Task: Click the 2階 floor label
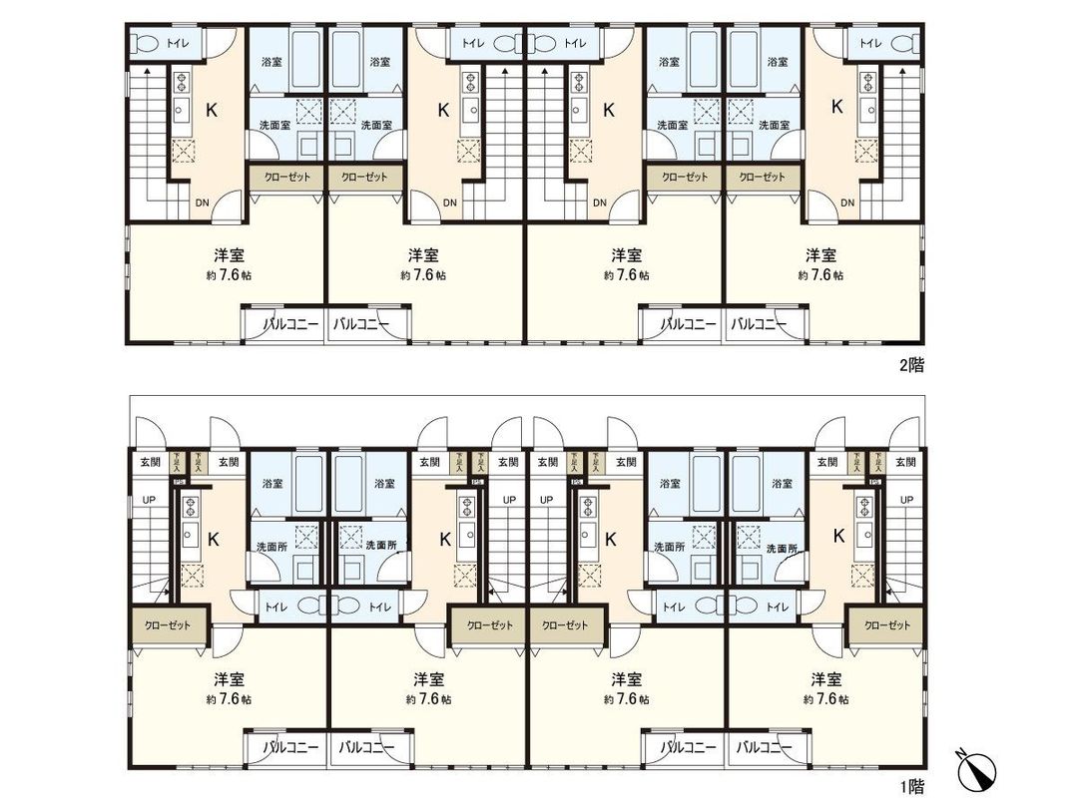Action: (x=910, y=365)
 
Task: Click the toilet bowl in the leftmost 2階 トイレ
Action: (x=146, y=43)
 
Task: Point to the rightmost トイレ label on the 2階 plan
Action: (x=871, y=43)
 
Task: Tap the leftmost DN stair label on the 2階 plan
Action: (x=202, y=203)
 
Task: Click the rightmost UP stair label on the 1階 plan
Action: (x=907, y=499)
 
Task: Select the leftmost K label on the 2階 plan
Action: (x=211, y=110)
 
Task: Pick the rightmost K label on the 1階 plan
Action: (x=838, y=536)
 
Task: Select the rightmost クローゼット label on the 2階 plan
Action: (x=762, y=177)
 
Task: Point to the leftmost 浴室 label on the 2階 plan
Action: (x=271, y=62)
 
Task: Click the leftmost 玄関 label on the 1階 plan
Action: (x=150, y=462)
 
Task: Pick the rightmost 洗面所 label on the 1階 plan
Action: (x=781, y=548)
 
